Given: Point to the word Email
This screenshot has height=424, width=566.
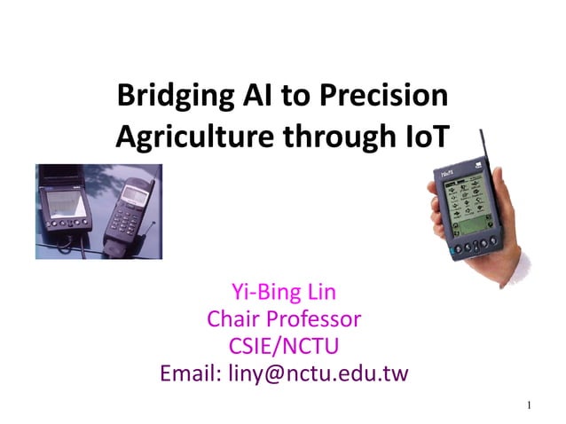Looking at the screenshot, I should click(188, 373).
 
